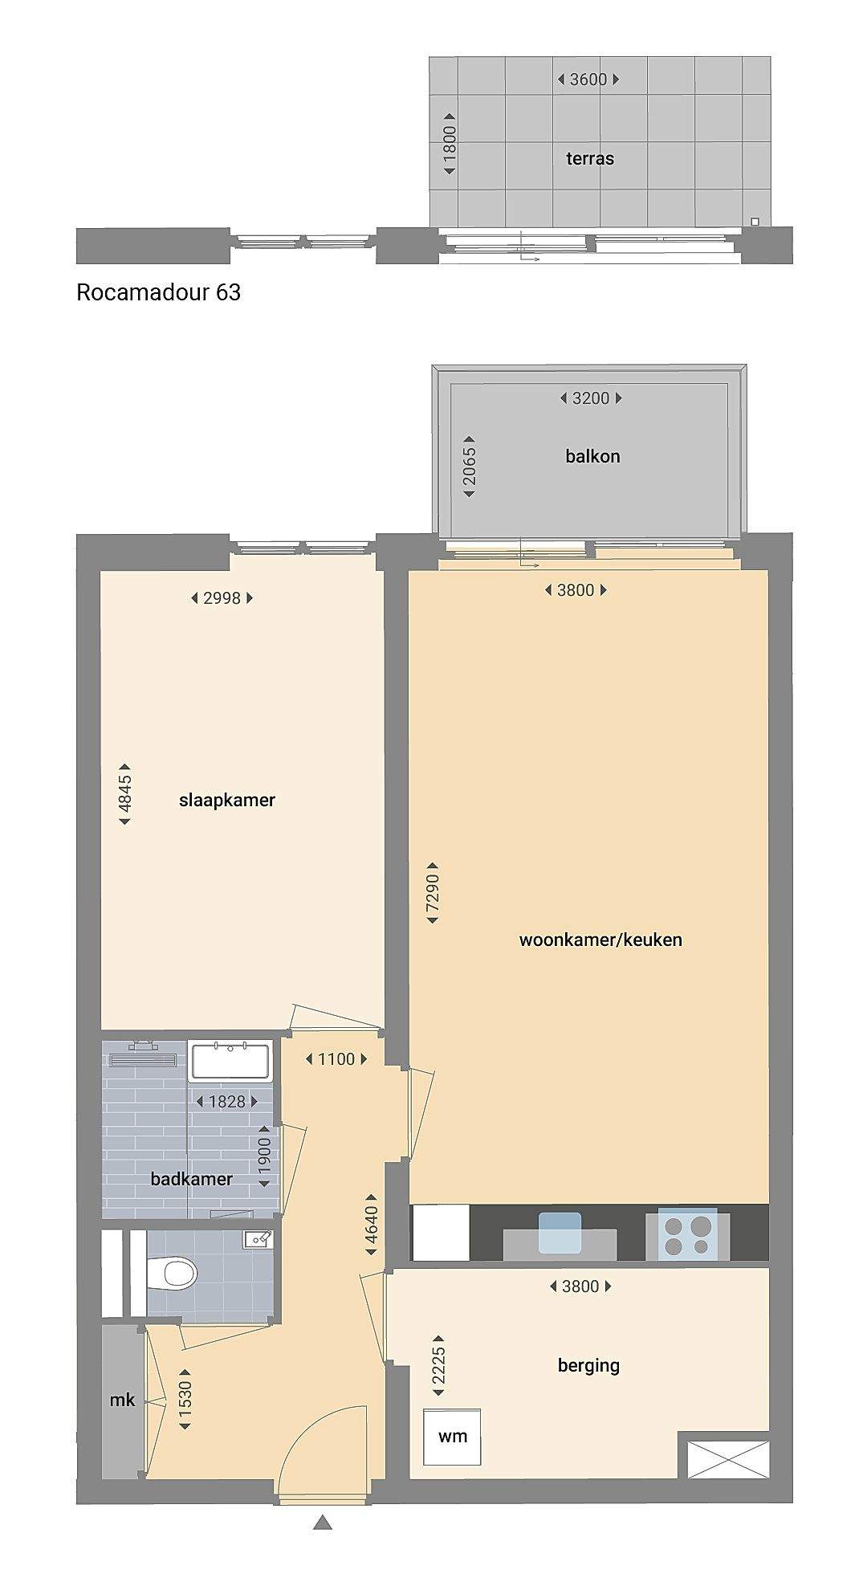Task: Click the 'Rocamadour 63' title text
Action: (158, 292)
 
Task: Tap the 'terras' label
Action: (590, 158)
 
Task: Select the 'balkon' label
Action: (592, 456)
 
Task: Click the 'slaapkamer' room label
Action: (227, 800)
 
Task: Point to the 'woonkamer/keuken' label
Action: (600, 940)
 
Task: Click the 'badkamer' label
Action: (192, 1179)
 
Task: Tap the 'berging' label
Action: (588, 1365)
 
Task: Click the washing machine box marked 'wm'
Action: (453, 1436)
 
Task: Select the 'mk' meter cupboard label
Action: (122, 1400)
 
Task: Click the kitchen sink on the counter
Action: (560, 1233)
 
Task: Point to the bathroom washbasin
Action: (231, 1060)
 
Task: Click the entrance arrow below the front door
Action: (323, 1522)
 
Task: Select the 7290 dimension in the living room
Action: (433, 893)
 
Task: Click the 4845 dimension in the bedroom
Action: (125, 794)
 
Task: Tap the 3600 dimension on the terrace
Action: (588, 80)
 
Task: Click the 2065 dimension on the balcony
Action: (470, 467)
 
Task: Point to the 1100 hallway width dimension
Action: (336, 1059)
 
